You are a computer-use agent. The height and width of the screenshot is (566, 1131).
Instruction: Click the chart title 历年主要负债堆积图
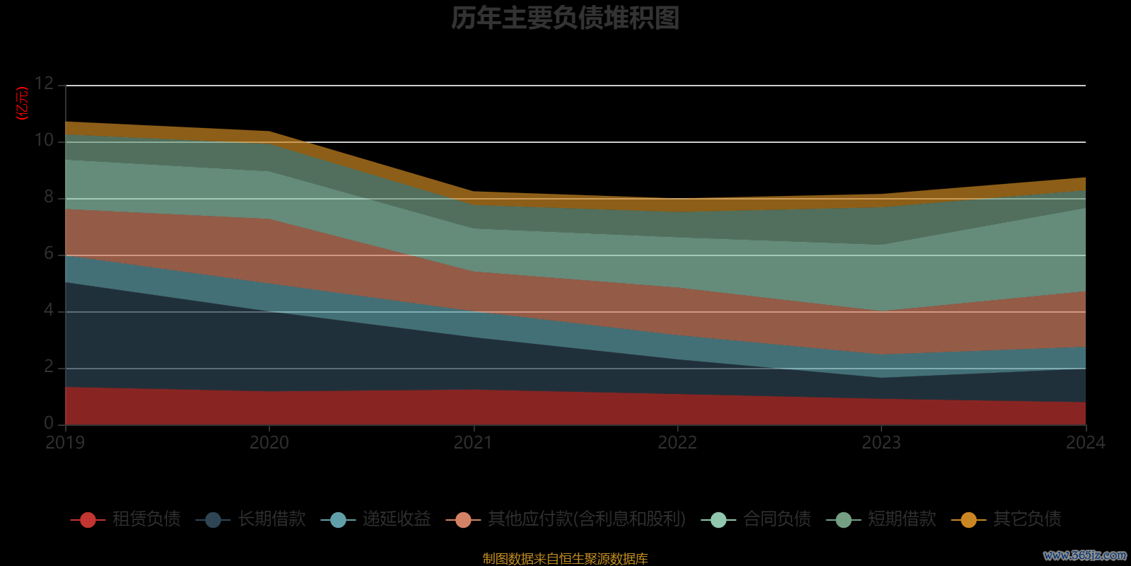(x=565, y=18)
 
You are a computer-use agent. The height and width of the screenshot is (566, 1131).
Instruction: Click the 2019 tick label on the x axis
(x=65, y=443)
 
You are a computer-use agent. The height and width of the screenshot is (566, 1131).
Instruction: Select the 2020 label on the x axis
(x=269, y=443)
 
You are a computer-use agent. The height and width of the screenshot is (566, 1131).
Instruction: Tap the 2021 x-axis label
(x=473, y=443)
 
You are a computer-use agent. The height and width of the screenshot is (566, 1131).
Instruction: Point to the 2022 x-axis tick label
(x=677, y=443)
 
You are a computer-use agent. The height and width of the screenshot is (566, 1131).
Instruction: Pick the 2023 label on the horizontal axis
(x=881, y=443)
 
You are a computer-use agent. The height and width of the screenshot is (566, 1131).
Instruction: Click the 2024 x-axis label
(x=1085, y=443)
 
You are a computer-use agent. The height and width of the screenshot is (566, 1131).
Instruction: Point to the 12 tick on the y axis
(x=44, y=83)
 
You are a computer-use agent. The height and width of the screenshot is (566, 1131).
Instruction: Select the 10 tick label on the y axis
(x=44, y=140)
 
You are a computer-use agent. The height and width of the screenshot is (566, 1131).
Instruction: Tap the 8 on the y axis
(x=49, y=197)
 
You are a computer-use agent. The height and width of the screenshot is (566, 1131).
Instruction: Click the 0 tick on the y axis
(x=49, y=423)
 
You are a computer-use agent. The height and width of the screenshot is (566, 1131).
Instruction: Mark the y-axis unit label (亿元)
(x=23, y=103)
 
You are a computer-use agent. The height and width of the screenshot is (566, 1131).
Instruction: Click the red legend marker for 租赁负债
(x=88, y=520)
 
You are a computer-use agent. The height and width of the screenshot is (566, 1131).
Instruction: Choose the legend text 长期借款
(x=271, y=519)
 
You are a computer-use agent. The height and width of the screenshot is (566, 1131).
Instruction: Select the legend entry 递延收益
(x=397, y=519)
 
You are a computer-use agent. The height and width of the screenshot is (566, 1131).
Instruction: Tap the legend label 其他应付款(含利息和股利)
(x=586, y=519)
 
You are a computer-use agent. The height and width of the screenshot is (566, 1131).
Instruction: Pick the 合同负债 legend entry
(x=777, y=519)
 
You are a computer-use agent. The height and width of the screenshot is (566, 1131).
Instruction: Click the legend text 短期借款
(x=901, y=519)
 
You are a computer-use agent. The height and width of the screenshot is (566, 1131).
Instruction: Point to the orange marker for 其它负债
(x=968, y=520)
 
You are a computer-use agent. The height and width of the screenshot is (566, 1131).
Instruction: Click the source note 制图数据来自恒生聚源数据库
(x=565, y=559)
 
